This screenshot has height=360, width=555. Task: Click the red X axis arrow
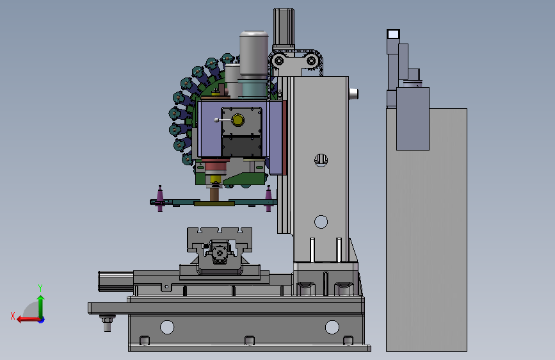pyautogui.click(x=28, y=320)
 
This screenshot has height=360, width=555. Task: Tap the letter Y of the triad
pyautogui.click(x=40, y=288)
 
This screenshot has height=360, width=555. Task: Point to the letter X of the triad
pyautogui.click(x=13, y=316)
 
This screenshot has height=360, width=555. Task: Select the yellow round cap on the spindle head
pyautogui.click(x=238, y=120)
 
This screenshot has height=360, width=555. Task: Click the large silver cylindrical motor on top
pyautogui.click(x=253, y=53)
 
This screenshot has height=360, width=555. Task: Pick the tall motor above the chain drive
pyautogui.click(x=284, y=28)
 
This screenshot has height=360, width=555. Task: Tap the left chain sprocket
pyautogui.click(x=279, y=61)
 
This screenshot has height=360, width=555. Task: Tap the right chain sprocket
pyautogui.click(x=311, y=61)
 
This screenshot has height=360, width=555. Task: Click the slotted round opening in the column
pyautogui.click(x=321, y=160)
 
